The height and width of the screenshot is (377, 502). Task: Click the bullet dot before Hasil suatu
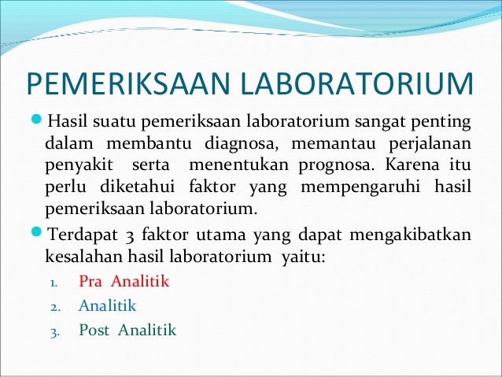tap(39, 122)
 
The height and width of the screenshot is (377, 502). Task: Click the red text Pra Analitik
tap(124, 281)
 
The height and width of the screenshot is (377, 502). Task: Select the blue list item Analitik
tap(108, 305)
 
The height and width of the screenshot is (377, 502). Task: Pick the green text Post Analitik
tap(127, 330)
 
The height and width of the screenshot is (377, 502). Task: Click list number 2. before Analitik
tap(55, 307)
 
